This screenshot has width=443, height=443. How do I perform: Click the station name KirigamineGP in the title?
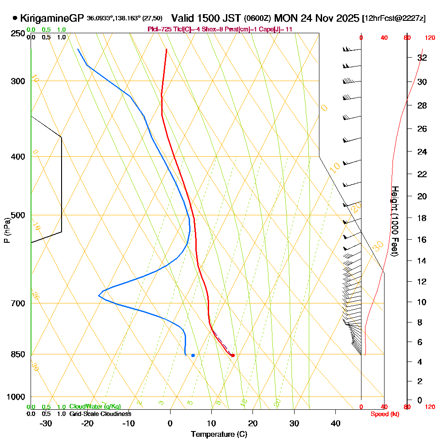52,18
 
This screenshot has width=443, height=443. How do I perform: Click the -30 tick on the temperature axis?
46,424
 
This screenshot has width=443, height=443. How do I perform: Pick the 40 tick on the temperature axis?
336,424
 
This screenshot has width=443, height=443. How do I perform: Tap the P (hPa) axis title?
7,230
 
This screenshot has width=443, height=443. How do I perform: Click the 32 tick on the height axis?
422,58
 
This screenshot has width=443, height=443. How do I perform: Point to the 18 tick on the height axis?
422,218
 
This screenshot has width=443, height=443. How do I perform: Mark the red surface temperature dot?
233,355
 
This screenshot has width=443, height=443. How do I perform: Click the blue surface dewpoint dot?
193,355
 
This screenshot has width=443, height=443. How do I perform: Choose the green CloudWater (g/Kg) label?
95,407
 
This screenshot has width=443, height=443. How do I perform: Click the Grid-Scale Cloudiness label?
100,414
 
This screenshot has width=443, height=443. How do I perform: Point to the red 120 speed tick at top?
429,38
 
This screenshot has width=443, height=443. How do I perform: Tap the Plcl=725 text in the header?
158,29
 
